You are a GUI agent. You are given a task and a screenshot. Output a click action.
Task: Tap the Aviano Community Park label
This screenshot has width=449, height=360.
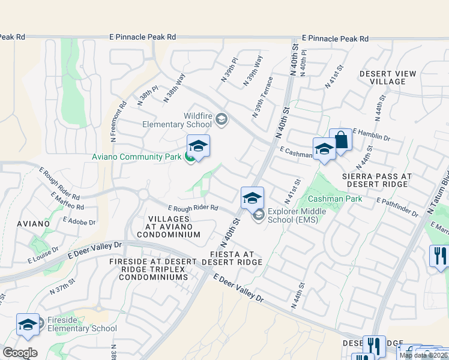click(x=136, y=157)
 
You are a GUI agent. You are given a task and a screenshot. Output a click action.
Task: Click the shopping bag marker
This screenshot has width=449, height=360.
click(x=340, y=141)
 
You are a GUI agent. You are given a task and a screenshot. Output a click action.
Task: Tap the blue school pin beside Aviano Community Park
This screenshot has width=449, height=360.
click(x=198, y=146)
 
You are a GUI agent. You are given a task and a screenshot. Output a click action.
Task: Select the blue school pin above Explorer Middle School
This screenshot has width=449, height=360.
click(x=253, y=197)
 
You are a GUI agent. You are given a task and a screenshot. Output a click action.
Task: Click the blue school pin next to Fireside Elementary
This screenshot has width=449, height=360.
click(x=28, y=324)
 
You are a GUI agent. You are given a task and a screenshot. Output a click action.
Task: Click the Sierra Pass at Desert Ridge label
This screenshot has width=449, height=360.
click(x=377, y=180)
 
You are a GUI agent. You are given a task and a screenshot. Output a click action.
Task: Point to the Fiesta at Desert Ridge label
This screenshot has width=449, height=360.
click(x=232, y=257)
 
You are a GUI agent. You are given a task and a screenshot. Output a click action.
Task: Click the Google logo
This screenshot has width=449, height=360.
click(x=20, y=352)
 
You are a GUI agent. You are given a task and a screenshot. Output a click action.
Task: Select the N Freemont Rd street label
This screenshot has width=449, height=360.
click(x=118, y=121)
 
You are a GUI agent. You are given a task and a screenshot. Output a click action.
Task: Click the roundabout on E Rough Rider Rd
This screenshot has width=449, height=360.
click(x=143, y=194)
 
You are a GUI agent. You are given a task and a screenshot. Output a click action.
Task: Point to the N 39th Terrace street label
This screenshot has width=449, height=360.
click(x=262, y=97)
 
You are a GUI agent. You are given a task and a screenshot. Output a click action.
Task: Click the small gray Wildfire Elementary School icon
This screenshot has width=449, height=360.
click(x=221, y=119)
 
